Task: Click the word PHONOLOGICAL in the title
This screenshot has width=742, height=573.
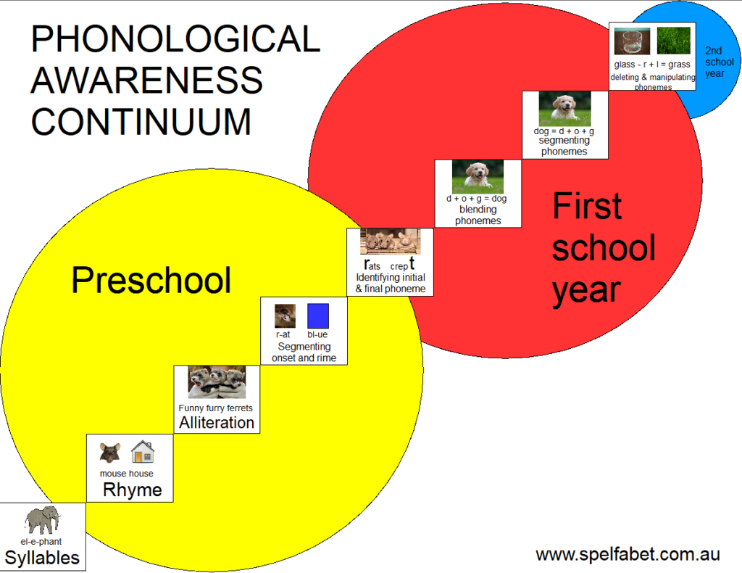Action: click(175, 38)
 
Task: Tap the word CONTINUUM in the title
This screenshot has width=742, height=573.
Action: click(141, 122)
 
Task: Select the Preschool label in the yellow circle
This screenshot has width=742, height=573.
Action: click(151, 281)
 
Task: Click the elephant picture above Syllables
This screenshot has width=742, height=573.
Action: click(43, 520)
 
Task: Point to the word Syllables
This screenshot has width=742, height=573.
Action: click(42, 557)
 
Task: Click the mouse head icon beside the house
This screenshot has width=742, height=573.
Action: click(110, 453)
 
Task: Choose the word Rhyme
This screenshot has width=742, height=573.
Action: click(133, 490)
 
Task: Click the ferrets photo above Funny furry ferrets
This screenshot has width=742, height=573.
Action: click(217, 382)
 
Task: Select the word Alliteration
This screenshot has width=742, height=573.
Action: click(217, 422)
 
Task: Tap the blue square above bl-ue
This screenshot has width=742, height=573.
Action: click(318, 316)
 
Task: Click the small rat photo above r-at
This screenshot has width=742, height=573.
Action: click(285, 316)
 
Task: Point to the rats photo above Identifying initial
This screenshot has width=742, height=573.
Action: click(391, 241)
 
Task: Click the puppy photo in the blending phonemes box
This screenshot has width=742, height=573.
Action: click(478, 177)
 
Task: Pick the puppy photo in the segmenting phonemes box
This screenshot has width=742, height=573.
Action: click(565, 109)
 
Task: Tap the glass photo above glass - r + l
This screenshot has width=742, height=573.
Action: click(632, 41)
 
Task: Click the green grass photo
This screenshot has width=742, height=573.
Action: click(673, 41)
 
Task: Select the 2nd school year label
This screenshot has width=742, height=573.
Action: click(720, 62)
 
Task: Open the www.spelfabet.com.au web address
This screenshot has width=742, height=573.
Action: click(628, 555)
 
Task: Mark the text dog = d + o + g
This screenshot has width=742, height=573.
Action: click(564, 131)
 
